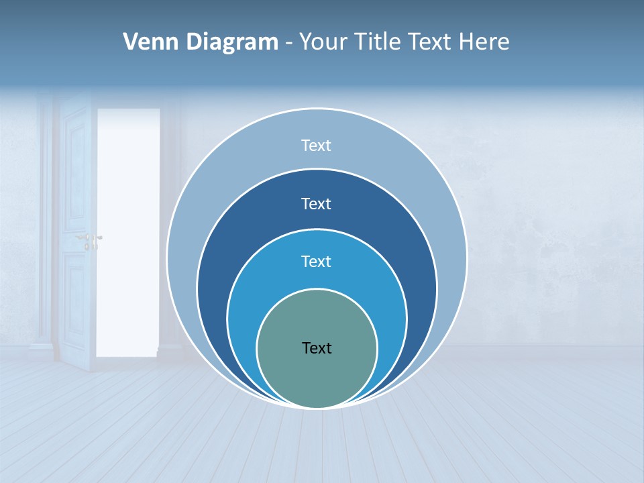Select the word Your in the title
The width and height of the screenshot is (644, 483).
(x=324, y=42)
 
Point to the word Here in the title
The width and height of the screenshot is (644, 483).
(x=484, y=42)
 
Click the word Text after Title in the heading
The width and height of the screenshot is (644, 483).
(x=431, y=42)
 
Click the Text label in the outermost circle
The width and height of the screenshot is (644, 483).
(x=317, y=146)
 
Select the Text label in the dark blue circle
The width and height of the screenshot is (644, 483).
(x=317, y=204)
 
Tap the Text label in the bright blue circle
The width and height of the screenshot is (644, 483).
(x=317, y=262)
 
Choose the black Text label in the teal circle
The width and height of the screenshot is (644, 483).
(x=317, y=348)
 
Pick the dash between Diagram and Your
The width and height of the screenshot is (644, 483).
(x=288, y=43)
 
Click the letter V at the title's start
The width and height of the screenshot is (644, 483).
(x=131, y=42)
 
